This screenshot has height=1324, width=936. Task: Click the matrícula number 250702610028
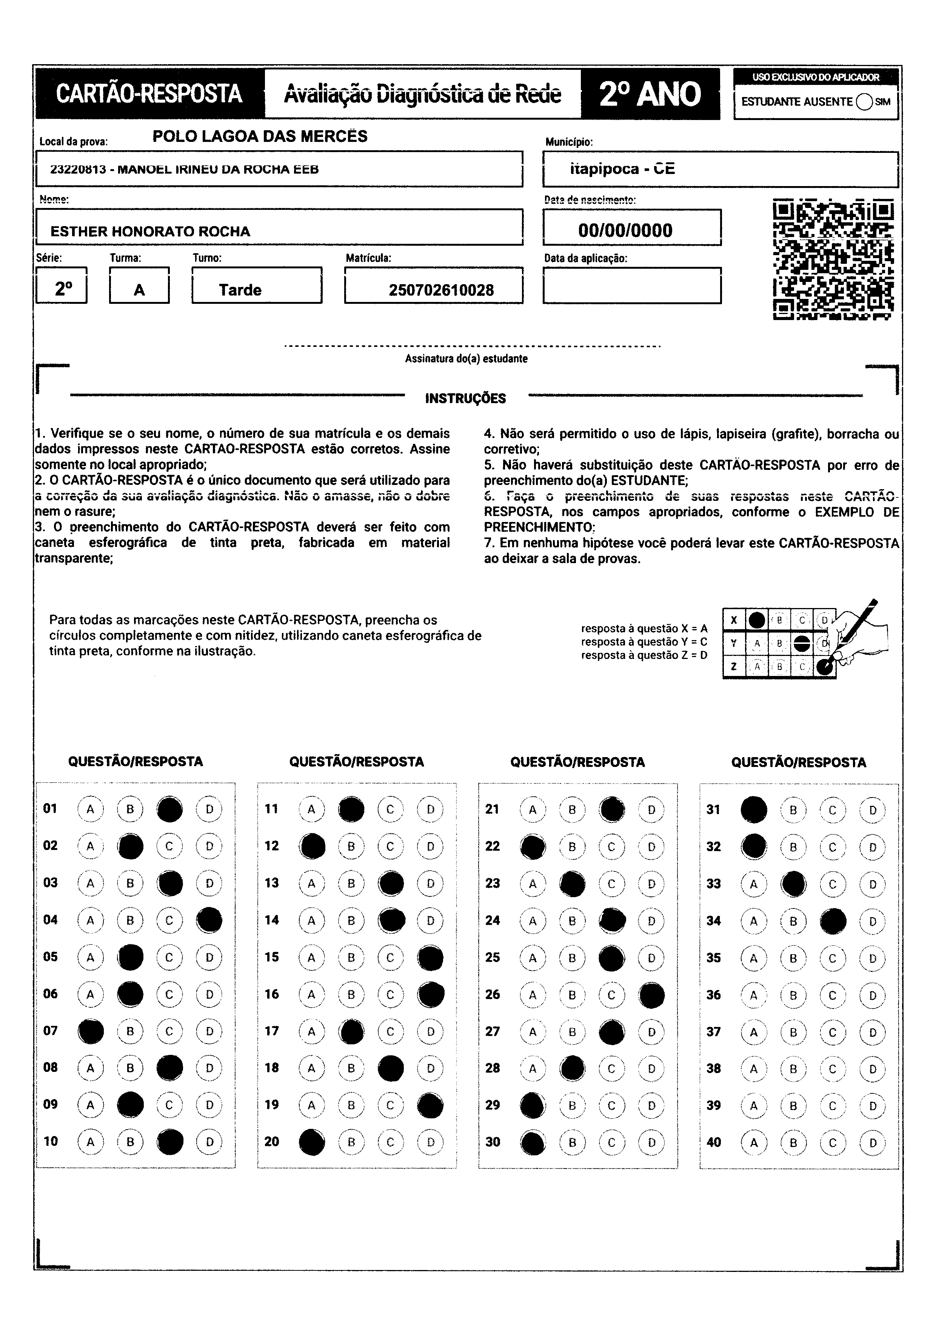point(441,290)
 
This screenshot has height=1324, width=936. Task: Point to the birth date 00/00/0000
point(625,231)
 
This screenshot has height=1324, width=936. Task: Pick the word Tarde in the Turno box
point(240,290)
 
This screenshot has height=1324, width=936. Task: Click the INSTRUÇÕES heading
point(465,399)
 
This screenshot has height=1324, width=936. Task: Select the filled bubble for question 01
point(169,809)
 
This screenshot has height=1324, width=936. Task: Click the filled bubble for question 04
point(209,920)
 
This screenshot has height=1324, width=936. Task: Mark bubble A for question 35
point(753,958)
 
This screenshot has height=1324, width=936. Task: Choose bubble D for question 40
point(873,1142)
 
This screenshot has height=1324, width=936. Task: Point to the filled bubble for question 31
point(754,810)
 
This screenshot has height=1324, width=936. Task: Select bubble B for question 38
point(793,1068)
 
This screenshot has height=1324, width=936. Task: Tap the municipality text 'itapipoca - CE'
point(622,169)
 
